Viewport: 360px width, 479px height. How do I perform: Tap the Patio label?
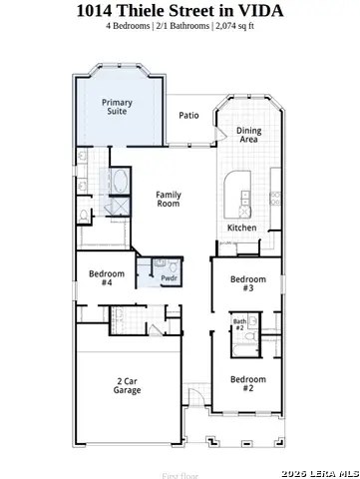pos(188,115)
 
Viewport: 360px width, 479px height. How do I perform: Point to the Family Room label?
pos(168,199)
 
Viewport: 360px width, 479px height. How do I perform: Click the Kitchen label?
pos(241,228)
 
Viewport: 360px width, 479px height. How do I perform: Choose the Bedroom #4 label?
pos(107,278)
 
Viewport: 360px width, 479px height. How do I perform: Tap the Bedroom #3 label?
pos(248,283)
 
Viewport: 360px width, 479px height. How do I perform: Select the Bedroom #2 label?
pos(248,383)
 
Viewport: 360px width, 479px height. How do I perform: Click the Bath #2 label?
pos(239,325)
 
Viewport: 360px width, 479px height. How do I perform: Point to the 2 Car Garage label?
pos(127,385)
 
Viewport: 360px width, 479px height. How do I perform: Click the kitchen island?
pos(239,191)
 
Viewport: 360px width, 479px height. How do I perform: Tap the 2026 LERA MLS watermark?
pos(319,472)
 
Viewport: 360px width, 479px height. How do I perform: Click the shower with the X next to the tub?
pos(118,207)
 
